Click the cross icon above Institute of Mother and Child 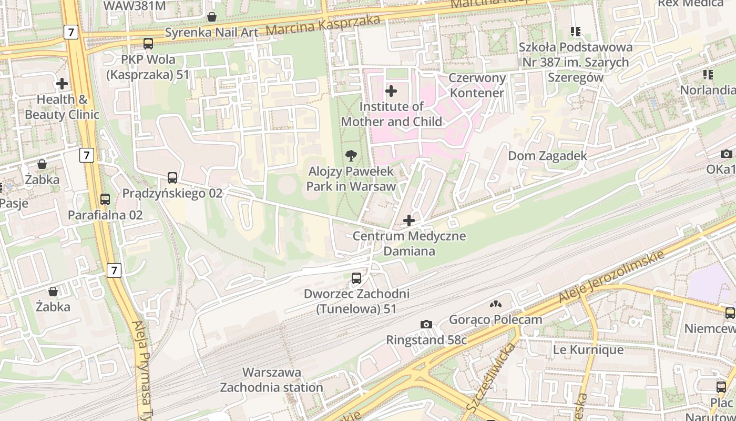pos(391,91)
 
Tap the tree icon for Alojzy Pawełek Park pos(351,156)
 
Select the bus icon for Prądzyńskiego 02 pos(172,178)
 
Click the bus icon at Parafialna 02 pos(105,199)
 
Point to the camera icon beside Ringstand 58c pos(426,324)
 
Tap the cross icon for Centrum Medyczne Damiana pos(409,220)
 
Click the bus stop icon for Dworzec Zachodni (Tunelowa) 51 pos(356,278)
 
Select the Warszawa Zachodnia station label pos(271,380)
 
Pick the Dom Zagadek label pos(547,156)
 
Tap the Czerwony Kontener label pos(477,86)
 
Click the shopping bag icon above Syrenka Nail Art pos(211,17)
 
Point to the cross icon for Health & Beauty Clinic pos(62,84)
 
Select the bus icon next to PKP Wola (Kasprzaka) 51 pos(148,44)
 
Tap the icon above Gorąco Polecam pos(495,304)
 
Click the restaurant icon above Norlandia pos(708,75)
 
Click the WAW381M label pos(135,6)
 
